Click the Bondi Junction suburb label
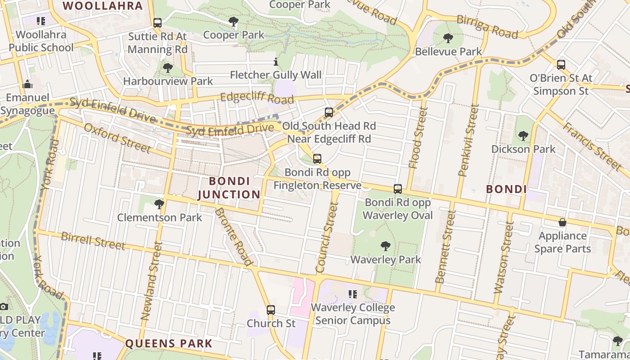click(x=229, y=188)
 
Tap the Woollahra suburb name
click(x=103, y=6)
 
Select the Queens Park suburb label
click(x=168, y=343)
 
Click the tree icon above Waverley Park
click(x=385, y=246)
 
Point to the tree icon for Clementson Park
click(x=159, y=204)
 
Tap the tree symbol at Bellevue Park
click(x=448, y=38)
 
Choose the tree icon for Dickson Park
click(x=523, y=135)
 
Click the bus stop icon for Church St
click(x=270, y=310)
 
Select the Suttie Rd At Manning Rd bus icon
click(x=157, y=23)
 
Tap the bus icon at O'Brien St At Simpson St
click(x=561, y=65)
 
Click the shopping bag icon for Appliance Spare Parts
click(x=562, y=222)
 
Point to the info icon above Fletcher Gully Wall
click(x=276, y=62)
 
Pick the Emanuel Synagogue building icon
click(x=27, y=84)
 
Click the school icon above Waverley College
click(x=353, y=294)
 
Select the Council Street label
click(x=327, y=237)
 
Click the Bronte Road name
click(x=234, y=236)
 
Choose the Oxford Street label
click(x=117, y=137)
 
